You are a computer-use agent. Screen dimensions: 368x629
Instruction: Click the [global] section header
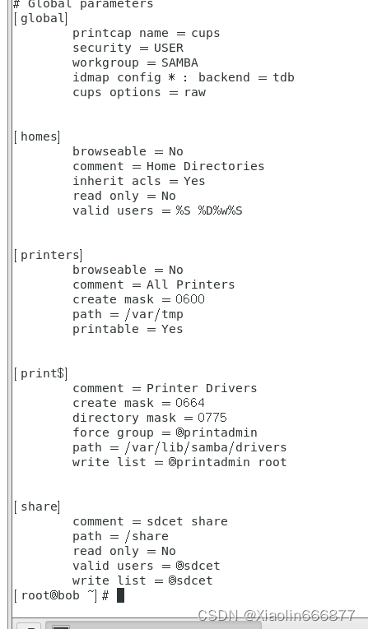point(40,18)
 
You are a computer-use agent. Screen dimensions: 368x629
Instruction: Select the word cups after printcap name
point(206,33)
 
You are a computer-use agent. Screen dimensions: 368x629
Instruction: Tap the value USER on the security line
point(169,48)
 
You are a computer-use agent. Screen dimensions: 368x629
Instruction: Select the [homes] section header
point(37,136)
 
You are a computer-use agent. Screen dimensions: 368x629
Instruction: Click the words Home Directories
point(205,166)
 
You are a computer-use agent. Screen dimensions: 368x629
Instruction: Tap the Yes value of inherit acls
point(194,181)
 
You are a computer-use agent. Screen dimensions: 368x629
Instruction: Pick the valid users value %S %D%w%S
point(209,210)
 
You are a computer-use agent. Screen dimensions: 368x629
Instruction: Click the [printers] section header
point(49,255)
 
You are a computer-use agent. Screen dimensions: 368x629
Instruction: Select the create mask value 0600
point(190,299)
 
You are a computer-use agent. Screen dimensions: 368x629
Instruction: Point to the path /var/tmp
point(154,314)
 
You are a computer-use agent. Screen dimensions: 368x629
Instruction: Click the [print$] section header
point(40,373)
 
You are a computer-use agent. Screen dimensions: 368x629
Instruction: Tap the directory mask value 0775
point(212,418)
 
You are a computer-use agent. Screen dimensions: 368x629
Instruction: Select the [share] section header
point(37,506)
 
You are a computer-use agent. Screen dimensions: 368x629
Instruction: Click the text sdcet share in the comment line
point(187,521)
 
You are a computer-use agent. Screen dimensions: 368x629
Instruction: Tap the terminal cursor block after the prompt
point(120,595)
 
